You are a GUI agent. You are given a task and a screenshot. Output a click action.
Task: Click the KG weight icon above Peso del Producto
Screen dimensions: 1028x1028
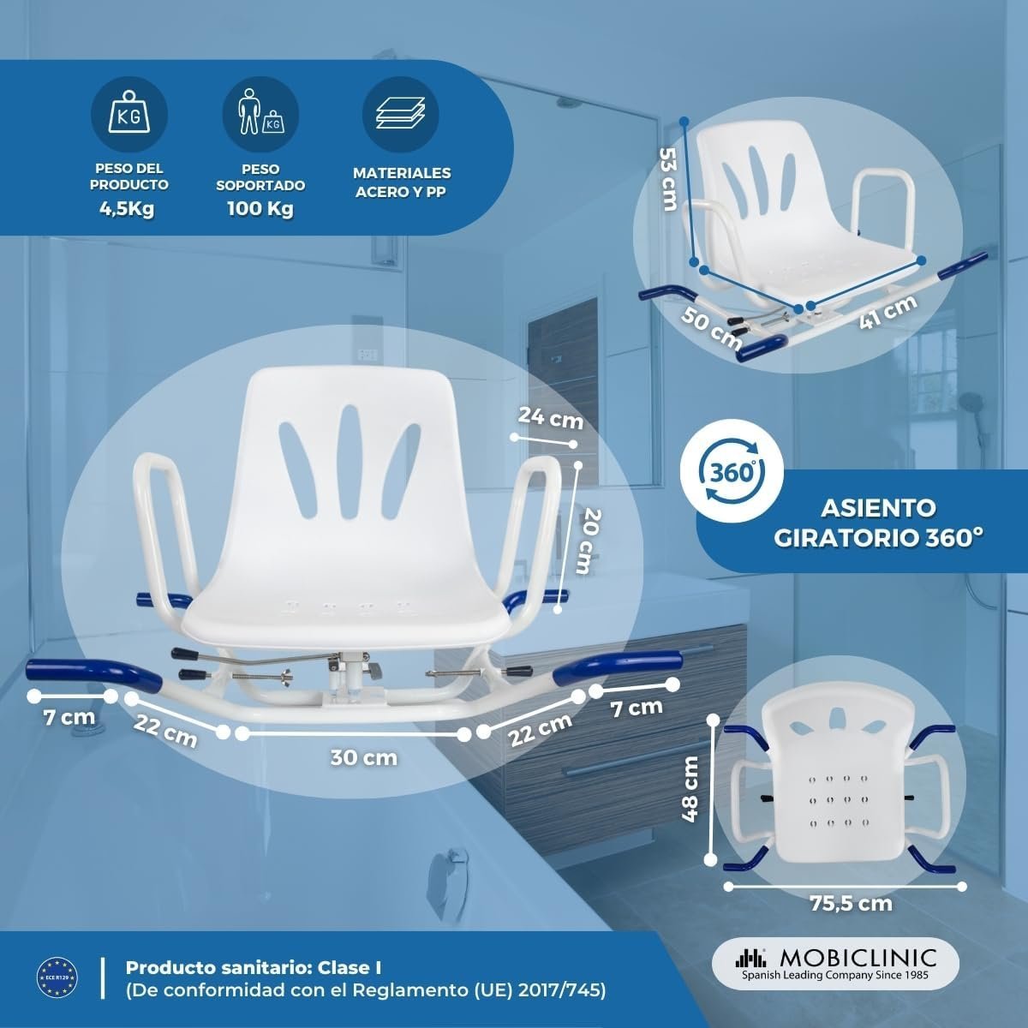pyautogui.click(x=129, y=115)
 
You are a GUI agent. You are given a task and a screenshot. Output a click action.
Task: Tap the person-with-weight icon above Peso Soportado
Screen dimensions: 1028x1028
pyautogui.click(x=260, y=115)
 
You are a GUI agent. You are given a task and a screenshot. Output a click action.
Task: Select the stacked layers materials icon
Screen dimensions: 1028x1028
pyautogui.click(x=401, y=115)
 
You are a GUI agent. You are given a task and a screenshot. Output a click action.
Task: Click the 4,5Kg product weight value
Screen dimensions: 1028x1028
pyautogui.click(x=127, y=208)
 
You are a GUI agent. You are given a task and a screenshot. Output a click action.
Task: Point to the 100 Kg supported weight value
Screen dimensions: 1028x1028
pyautogui.click(x=260, y=208)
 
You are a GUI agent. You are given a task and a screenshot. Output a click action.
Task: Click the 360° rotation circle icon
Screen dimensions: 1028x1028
pyautogui.click(x=732, y=471)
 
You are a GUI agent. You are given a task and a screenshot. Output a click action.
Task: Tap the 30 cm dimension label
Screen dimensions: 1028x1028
pyautogui.click(x=364, y=757)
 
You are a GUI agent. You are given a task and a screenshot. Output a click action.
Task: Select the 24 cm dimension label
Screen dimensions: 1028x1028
pyautogui.click(x=551, y=418)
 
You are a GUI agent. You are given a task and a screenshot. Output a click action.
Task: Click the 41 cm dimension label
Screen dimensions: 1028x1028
pyautogui.click(x=888, y=312)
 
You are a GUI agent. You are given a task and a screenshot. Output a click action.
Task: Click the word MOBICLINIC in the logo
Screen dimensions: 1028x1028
pyautogui.click(x=858, y=958)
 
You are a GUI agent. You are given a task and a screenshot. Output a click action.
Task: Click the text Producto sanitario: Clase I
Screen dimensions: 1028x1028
pyautogui.click(x=254, y=968)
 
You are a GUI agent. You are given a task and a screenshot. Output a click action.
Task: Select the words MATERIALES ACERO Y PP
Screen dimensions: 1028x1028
pyautogui.click(x=402, y=182)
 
